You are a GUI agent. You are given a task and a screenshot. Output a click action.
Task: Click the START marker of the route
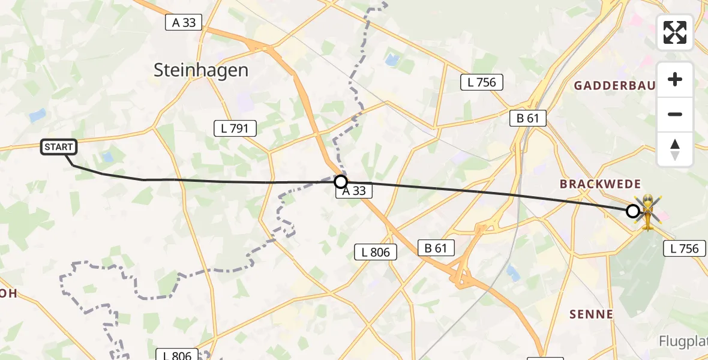59,147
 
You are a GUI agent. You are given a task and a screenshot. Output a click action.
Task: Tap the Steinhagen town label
201,70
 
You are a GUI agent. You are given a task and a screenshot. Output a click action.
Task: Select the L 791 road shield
235,128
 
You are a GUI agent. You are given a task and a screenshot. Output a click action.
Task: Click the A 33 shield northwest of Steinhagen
184,22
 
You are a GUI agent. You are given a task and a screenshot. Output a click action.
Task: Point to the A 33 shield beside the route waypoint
354,191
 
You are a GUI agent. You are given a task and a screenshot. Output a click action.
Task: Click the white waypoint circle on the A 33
341,181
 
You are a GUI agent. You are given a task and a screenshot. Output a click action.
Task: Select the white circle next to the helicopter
632,211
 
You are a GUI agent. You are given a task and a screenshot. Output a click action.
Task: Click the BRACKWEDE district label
600,184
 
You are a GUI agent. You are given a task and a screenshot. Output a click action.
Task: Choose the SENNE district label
591,314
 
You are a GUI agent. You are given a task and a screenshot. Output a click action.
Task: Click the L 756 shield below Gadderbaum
481,82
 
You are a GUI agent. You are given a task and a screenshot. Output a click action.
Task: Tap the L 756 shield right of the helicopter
685,248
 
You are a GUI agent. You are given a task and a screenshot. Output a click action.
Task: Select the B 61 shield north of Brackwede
527,118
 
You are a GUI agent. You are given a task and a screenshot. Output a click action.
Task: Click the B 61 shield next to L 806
436,248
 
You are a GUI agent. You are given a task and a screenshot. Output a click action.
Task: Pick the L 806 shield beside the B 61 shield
376,252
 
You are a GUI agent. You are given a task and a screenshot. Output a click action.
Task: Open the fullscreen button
675,32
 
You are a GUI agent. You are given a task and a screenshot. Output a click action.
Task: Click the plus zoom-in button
675,79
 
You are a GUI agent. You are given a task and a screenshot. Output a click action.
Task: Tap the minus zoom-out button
675,114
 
